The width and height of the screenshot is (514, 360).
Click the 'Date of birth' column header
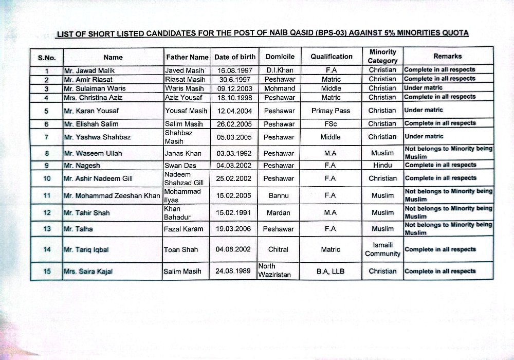click(x=234, y=57)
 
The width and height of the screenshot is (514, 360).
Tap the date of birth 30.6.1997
click(x=233, y=79)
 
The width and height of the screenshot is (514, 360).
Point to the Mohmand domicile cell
click(x=280, y=88)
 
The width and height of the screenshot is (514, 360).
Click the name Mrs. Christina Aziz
click(x=93, y=97)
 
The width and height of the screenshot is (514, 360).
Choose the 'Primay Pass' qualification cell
click(x=331, y=111)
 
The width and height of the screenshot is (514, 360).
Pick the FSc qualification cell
click(x=331, y=124)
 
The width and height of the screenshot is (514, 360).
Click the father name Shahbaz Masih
click(x=177, y=137)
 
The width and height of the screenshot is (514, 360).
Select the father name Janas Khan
click(x=183, y=153)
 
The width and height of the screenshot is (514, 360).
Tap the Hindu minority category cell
click(x=382, y=165)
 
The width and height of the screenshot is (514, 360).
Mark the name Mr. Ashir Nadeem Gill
click(x=98, y=178)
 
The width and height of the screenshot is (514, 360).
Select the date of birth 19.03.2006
click(x=233, y=229)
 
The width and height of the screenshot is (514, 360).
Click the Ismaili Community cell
click(x=382, y=249)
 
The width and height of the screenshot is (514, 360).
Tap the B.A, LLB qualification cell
click(x=331, y=271)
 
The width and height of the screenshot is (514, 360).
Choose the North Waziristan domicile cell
click(x=275, y=271)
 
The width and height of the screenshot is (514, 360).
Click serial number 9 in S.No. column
click(x=47, y=165)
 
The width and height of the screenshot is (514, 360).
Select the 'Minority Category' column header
click(x=382, y=56)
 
